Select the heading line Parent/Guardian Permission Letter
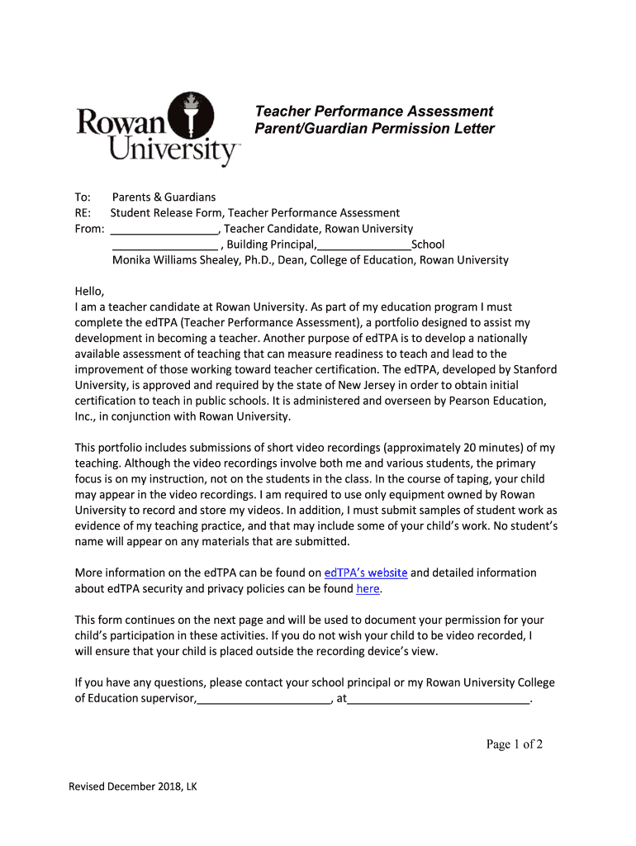374,129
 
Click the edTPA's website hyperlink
366,573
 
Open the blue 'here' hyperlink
368,589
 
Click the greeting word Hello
89,291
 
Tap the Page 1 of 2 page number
514,744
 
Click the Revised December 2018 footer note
133,787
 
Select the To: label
83,197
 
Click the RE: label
83,213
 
